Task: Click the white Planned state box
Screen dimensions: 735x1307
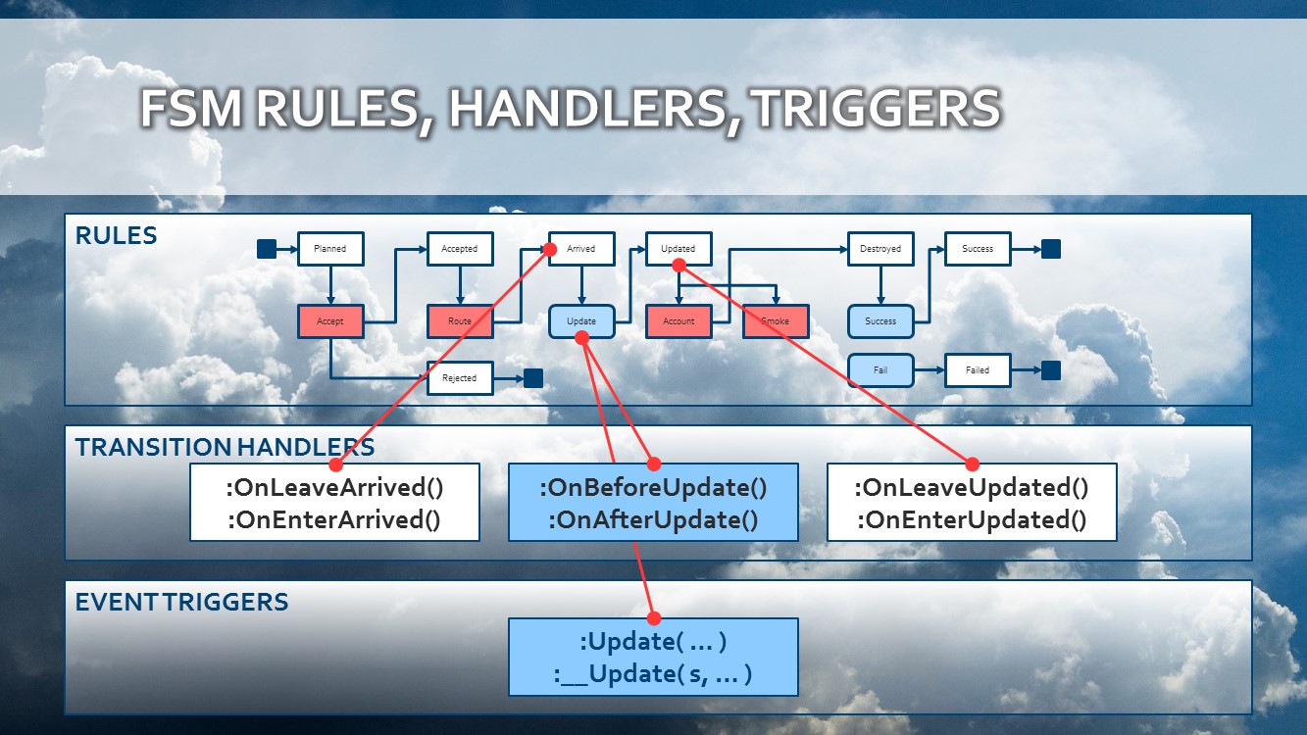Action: (330, 249)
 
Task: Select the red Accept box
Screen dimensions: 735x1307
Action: (330, 321)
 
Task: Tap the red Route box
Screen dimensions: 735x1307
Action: (460, 321)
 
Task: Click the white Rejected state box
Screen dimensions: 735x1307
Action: (460, 377)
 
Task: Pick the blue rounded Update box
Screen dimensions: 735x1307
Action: (581, 321)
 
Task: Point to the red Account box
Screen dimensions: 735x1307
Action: (679, 321)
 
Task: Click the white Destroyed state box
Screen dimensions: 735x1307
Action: (880, 249)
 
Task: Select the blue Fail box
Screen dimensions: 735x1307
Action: (880, 370)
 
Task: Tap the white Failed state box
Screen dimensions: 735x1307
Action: (978, 370)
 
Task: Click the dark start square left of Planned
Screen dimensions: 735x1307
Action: (267, 249)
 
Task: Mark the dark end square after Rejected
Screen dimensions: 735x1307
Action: (533, 378)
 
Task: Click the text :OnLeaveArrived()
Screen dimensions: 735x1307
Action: (334, 488)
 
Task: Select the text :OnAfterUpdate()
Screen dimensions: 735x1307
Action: (653, 519)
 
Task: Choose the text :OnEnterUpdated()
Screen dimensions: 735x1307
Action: (972, 519)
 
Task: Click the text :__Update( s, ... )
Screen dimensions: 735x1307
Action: (653, 675)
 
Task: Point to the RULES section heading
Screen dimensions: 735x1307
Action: (116, 236)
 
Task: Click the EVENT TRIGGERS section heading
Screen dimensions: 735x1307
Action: (181, 602)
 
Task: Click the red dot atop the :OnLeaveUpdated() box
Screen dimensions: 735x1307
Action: (973, 464)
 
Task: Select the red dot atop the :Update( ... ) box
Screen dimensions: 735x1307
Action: (654, 618)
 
